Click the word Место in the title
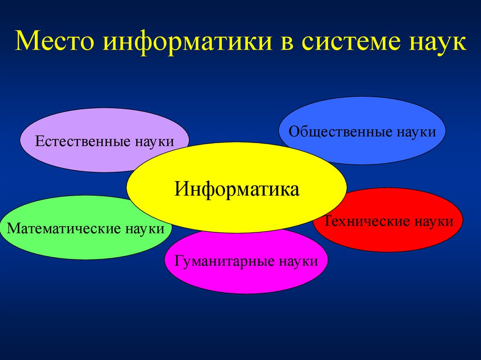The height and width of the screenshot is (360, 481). pyautogui.click(x=54, y=40)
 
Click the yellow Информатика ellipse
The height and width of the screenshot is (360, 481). pyautogui.click(x=237, y=188)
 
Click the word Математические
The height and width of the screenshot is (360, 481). pyautogui.click(x=63, y=229)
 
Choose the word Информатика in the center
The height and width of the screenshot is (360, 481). pyautogui.click(x=237, y=189)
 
